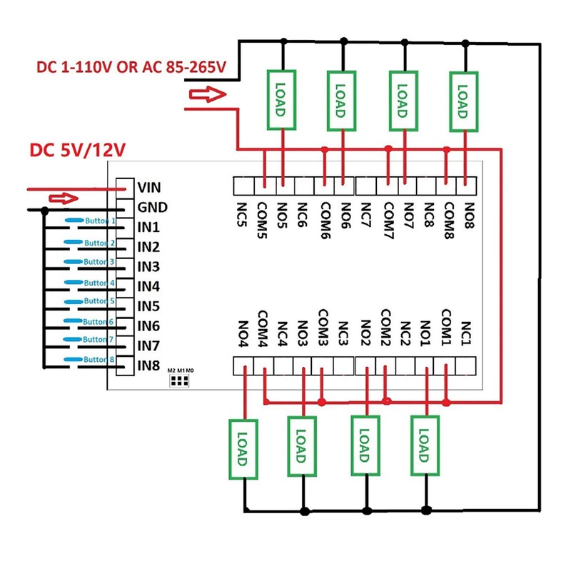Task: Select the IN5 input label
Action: (x=148, y=307)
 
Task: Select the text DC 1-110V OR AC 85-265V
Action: (x=131, y=68)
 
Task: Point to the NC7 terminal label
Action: (x=366, y=213)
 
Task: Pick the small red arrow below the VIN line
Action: (x=61, y=198)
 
